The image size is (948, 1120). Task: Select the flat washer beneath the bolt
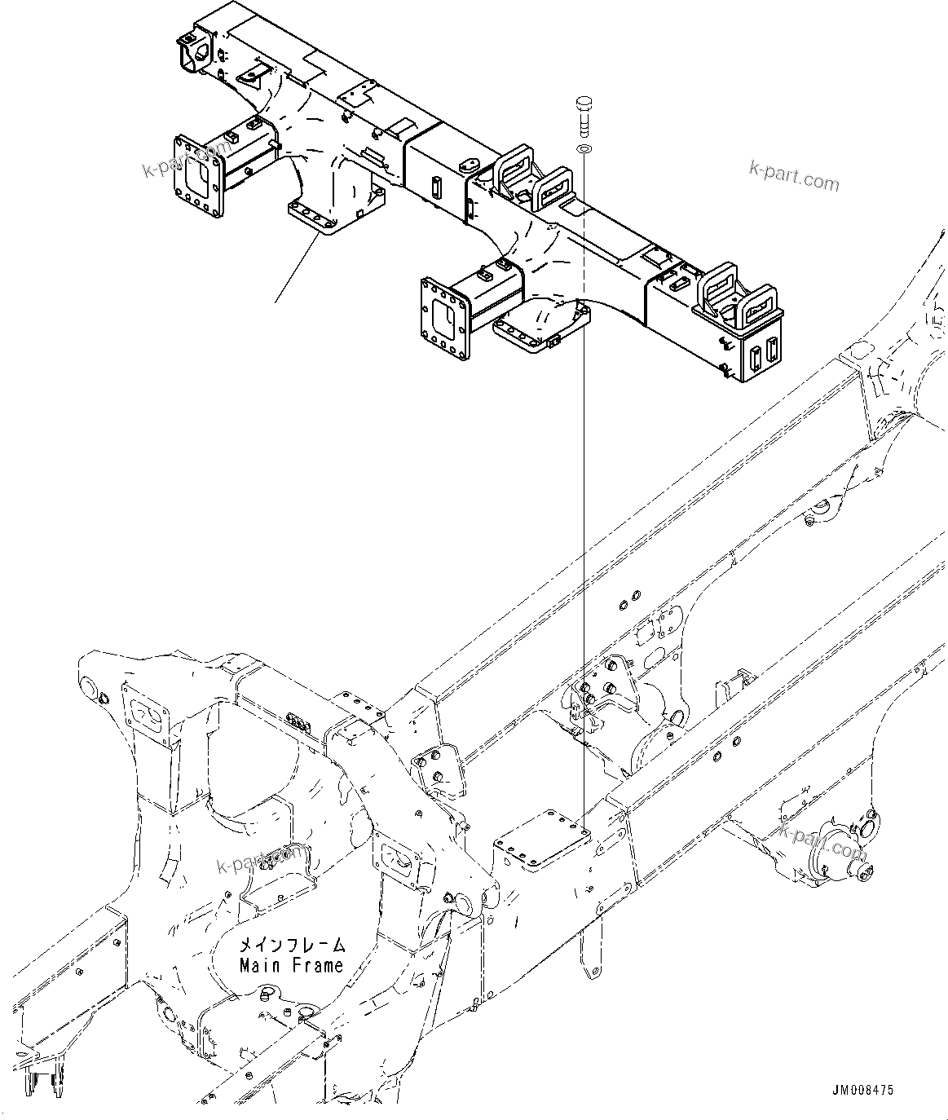pyautogui.click(x=584, y=150)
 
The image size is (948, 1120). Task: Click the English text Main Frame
pyautogui.click(x=291, y=965)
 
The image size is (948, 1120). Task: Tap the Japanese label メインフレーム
pyautogui.click(x=291, y=946)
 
